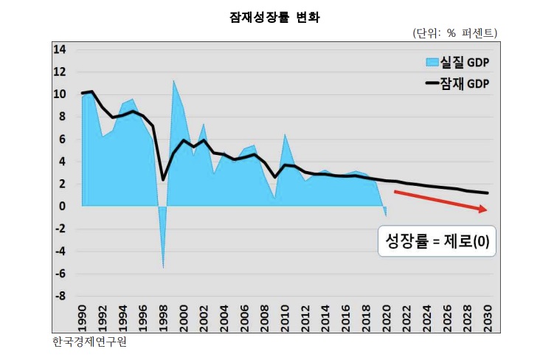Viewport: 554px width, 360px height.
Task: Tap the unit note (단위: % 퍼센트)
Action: (x=454, y=33)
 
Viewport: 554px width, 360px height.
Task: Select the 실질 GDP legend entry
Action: (x=458, y=61)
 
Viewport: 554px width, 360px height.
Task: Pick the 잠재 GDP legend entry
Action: (x=458, y=83)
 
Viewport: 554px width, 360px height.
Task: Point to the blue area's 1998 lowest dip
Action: (x=163, y=267)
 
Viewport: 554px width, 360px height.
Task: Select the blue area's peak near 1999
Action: (x=173, y=81)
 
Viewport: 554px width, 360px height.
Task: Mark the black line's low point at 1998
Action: (x=163, y=179)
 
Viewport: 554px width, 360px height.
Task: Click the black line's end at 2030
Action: (x=487, y=193)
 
